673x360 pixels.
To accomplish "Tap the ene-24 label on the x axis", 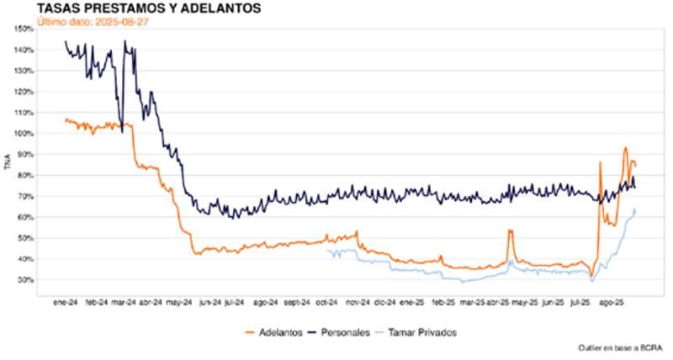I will [66, 300].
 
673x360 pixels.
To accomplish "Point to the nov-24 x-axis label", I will [359, 300].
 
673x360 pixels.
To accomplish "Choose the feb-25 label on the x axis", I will [443, 300].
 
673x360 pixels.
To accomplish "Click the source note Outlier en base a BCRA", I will [621, 347].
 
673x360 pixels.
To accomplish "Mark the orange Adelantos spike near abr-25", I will [510, 230].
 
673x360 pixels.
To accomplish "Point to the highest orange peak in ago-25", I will [625, 149].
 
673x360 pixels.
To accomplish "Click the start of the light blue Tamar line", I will [328, 250].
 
